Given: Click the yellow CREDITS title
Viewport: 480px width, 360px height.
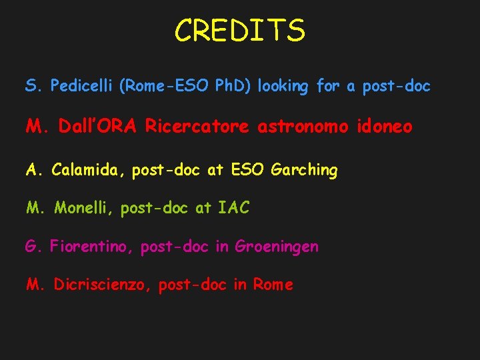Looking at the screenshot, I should pos(240,31).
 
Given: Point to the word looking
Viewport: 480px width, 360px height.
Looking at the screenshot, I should pos(283,87).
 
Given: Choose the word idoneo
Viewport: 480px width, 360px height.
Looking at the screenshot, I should pos(385,127).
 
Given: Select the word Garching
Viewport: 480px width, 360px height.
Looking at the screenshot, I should pos(305,170).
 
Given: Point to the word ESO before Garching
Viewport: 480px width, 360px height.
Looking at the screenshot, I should pos(248,170).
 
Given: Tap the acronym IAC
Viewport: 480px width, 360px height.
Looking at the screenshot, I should pos(233,208).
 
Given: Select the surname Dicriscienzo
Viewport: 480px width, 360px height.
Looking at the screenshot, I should pos(104,285).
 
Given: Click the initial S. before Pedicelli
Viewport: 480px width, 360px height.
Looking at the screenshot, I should pos(34,87).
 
